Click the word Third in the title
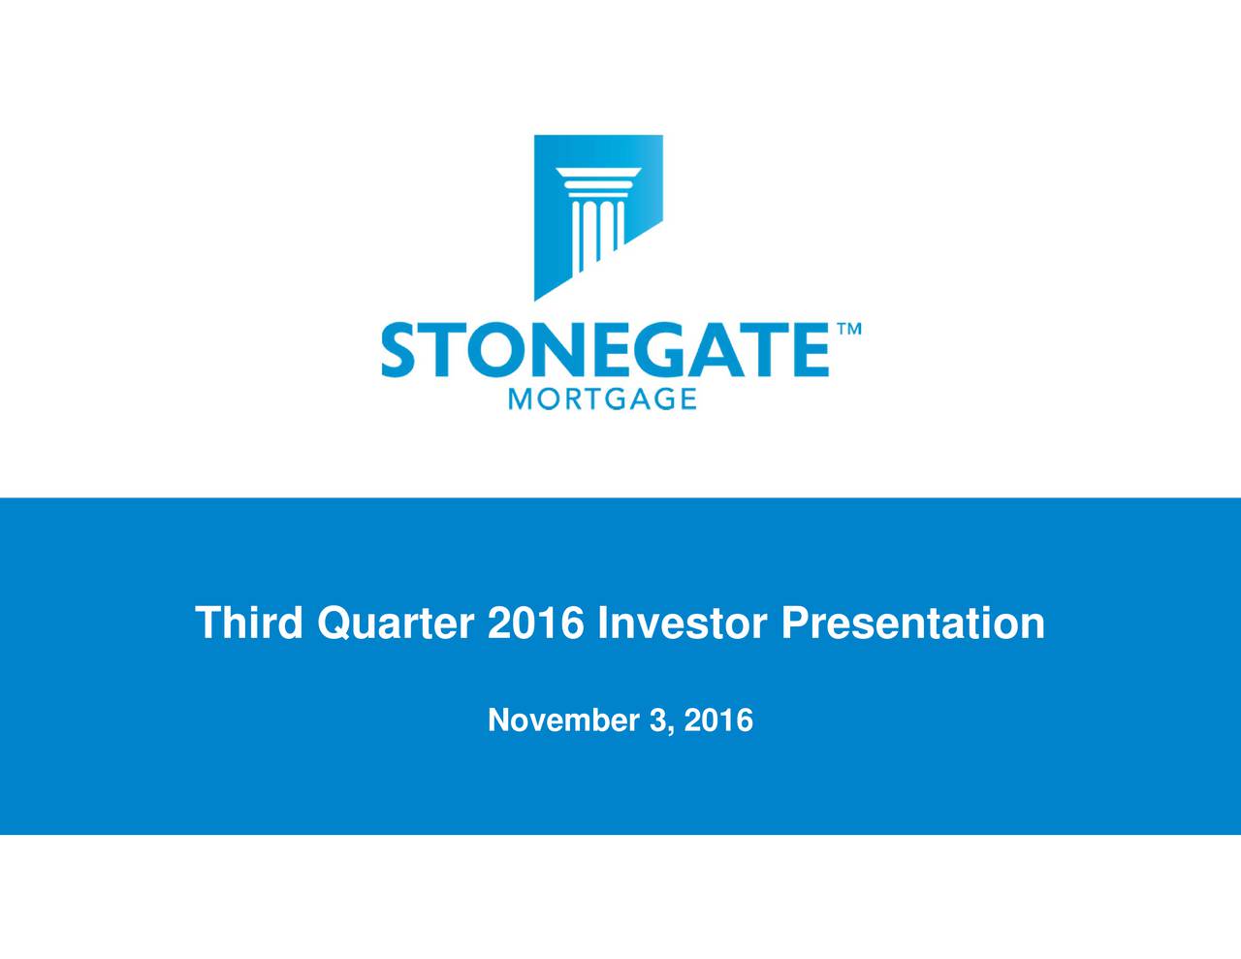tap(250, 623)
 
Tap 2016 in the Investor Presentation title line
tap(536, 623)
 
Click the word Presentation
tap(912, 623)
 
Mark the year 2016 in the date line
tap(717, 720)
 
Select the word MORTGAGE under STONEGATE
tap(602, 399)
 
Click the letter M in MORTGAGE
tap(520, 399)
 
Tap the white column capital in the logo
tap(598, 179)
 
